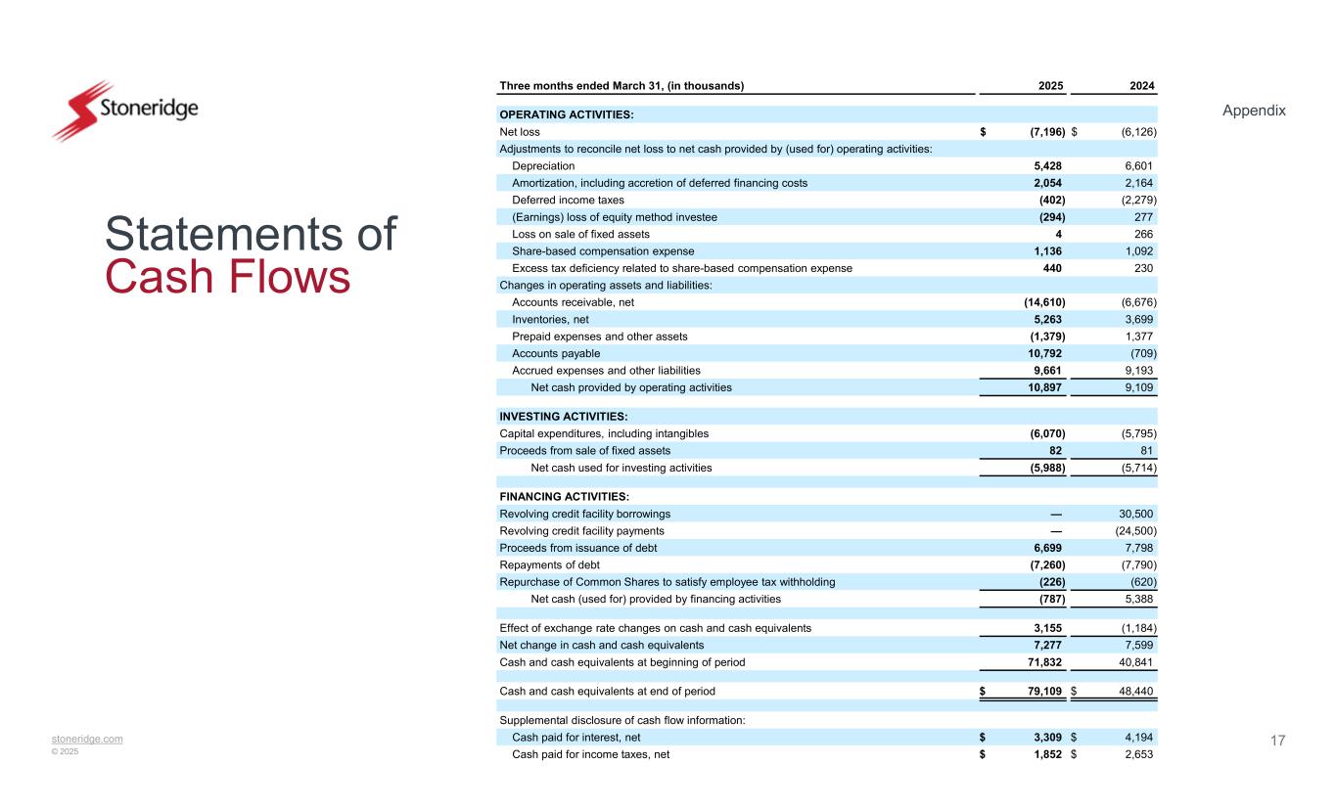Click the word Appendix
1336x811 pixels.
coord(1254,111)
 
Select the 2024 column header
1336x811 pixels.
coord(1140,85)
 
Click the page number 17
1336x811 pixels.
coord(1277,740)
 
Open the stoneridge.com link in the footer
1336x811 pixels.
coord(88,739)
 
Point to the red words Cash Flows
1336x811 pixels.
coord(227,278)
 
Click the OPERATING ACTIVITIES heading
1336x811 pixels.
coord(567,115)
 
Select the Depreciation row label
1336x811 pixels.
coord(543,166)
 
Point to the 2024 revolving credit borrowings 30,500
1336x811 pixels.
coord(1135,514)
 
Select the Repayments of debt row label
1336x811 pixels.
coord(549,564)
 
